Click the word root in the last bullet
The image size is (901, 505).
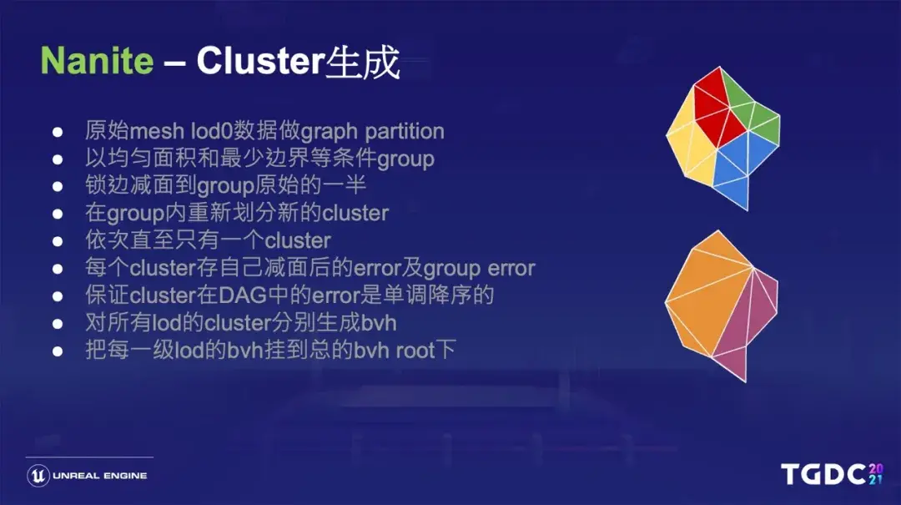click(x=415, y=350)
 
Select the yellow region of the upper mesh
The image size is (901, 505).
click(x=689, y=142)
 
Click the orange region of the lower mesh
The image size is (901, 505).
click(x=709, y=292)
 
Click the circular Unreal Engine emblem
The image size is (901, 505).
click(x=38, y=476)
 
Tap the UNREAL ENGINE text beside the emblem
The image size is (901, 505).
click(x=100, y=476)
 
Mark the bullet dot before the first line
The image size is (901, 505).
click(x=58, y=132)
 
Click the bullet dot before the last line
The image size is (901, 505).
click(x=58, y=351)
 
